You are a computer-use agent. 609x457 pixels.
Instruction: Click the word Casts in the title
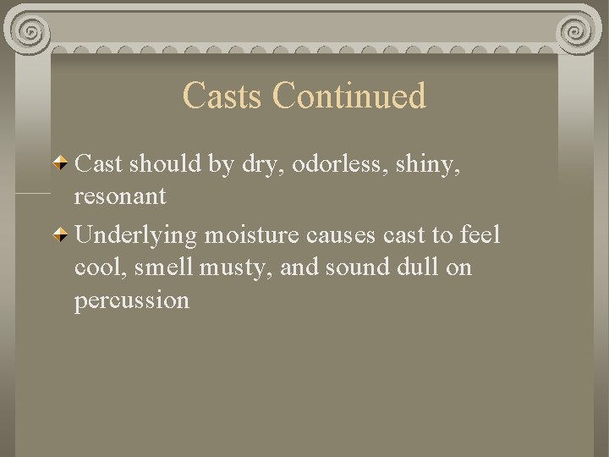(x=223, y=96)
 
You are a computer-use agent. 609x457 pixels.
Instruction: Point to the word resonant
(x=120, y=197)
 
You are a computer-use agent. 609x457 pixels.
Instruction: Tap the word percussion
(x=132, y=300)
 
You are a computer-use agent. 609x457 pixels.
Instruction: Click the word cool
(x=97, y=267)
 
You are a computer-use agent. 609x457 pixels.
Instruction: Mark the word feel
(x=481, y=234)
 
